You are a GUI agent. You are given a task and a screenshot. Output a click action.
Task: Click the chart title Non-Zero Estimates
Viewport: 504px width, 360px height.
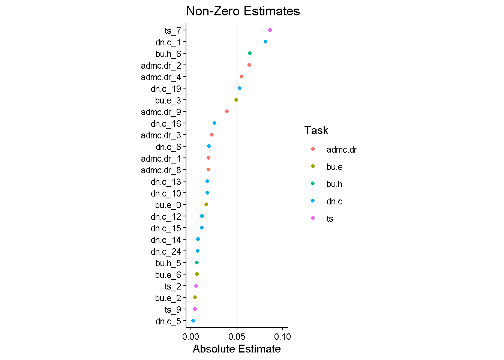(243, 11)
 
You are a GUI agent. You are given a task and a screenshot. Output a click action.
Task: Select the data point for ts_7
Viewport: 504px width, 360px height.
(270, 30)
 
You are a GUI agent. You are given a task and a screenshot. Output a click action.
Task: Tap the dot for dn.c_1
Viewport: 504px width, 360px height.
(265, 42)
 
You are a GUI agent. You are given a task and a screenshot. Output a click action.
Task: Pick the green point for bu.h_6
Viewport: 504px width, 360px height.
(250, 53)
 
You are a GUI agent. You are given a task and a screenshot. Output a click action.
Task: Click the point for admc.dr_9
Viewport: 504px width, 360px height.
(227, 111)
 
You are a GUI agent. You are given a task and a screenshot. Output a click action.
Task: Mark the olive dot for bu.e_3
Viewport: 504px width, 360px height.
(236, 100)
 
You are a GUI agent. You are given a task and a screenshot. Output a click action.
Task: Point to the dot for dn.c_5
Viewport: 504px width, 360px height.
(193, 321)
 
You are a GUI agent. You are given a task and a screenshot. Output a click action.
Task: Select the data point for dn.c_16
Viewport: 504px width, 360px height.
(214, 123)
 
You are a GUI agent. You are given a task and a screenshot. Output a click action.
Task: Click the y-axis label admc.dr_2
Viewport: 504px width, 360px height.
(161, 66)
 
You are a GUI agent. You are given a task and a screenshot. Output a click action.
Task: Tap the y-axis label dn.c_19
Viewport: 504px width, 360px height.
(166, 89)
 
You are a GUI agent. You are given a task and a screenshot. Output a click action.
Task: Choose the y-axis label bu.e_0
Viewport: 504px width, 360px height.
(168, 205)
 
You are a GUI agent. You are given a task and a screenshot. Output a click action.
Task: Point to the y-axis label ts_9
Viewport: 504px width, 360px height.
(172, 310)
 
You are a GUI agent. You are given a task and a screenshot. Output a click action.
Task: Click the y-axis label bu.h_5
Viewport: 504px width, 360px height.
(168, 263)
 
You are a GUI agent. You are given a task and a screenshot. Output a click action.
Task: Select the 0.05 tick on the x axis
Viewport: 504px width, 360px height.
(237, 337)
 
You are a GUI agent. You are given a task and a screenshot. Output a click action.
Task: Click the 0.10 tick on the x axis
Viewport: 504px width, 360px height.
(282, 337)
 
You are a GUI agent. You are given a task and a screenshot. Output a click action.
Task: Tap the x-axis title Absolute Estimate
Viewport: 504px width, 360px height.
(237, 349)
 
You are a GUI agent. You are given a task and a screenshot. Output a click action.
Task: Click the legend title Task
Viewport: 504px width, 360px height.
(316, 130)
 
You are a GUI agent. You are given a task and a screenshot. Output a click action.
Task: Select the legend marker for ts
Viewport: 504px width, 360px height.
(313, 218)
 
